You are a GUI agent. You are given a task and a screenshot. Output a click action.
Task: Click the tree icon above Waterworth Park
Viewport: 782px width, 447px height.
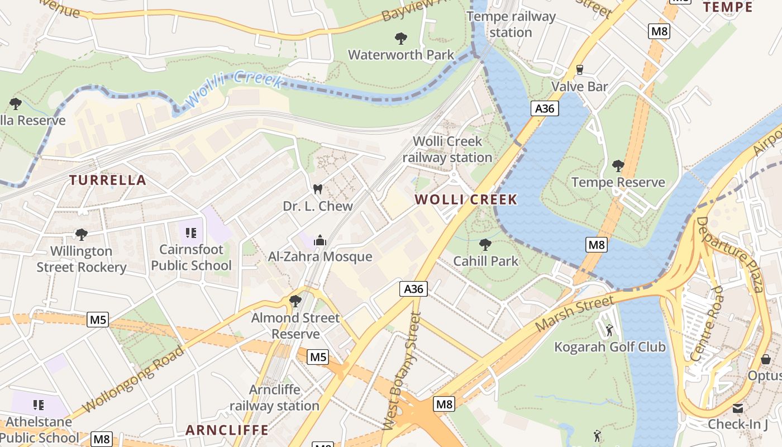[400, 38]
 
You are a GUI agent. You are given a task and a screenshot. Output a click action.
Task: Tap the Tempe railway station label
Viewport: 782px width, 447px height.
[511, 25]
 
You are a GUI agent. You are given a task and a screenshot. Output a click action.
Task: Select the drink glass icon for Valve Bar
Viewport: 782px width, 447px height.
[579, 70]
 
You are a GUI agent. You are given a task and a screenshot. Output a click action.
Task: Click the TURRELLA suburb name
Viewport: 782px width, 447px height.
[108, 180]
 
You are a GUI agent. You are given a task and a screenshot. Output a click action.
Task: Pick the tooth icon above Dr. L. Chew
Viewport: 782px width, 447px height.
[318, 189]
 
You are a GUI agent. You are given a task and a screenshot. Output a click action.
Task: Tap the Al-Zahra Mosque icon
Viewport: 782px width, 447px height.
[320, 240]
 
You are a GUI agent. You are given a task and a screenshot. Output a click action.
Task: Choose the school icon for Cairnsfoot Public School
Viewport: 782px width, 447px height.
[191, 232]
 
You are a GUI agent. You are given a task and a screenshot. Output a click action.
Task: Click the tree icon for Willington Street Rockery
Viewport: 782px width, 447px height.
[82, 234]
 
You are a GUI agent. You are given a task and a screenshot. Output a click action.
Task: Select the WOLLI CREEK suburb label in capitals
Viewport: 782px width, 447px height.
[466, 199]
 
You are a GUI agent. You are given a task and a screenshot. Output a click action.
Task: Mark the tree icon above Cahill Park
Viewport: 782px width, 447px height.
[485, 244]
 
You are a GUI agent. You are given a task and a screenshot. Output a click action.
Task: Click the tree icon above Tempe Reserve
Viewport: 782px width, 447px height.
[618, 165]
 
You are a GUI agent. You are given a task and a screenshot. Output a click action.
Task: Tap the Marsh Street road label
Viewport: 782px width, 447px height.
[575, 315]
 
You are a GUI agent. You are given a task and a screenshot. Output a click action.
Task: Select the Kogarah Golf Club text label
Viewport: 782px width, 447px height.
[609, 347]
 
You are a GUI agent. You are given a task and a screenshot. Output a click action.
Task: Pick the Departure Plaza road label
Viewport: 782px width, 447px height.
[729, 254]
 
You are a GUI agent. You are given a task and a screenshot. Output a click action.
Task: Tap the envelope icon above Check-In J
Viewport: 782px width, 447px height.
[738, 408]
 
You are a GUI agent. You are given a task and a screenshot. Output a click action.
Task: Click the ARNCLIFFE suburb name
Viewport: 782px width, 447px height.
[227, 430]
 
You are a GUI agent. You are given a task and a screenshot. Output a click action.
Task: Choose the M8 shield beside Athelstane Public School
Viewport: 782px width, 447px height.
[101, 439]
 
